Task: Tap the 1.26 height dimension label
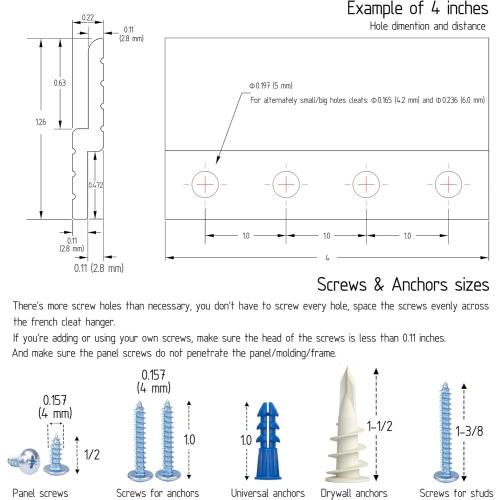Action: (41, 122)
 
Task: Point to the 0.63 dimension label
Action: (60, 83)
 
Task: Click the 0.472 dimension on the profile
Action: (96, 185)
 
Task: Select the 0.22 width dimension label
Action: (88, 17)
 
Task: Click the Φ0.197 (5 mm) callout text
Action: (271, 86)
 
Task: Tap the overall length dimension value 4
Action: (327, 258)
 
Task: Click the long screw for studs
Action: (445, 432)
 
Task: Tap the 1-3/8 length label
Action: (469, 431)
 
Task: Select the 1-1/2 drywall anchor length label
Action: (380, 426)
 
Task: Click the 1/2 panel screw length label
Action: (92, 455)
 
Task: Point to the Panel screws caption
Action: (40, 493)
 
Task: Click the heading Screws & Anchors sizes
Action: (403, 285)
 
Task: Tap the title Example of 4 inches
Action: (418, 8)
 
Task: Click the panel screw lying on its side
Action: (24, 461)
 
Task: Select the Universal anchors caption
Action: (268, 493)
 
